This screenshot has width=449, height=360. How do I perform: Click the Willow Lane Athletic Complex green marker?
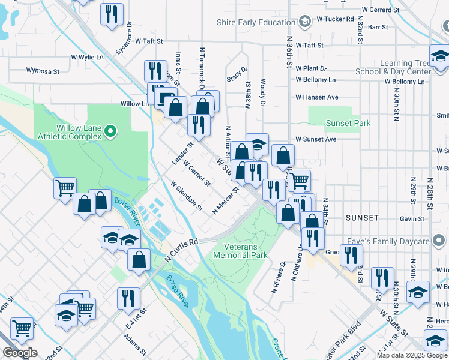[x=110, y=130]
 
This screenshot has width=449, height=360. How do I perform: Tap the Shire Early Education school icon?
[x=305, y=22]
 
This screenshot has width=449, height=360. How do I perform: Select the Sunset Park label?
[x=348, y=123]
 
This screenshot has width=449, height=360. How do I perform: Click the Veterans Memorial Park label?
[x=240, y=251]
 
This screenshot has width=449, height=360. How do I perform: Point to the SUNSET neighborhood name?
[x=362, y=217]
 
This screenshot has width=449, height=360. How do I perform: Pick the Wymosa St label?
[x=43, y=71]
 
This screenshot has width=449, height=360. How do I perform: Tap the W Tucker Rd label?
[x=334, y=19]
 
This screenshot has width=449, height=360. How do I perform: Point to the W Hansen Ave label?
[x=317, y=97]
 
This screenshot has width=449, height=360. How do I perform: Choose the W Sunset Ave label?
[x=315, y=139]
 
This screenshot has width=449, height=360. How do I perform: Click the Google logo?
[x=20, y=353]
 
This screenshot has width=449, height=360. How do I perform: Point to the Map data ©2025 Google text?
[x=412, y=355]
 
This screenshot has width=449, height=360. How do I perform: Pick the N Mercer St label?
[x=226, y=200]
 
